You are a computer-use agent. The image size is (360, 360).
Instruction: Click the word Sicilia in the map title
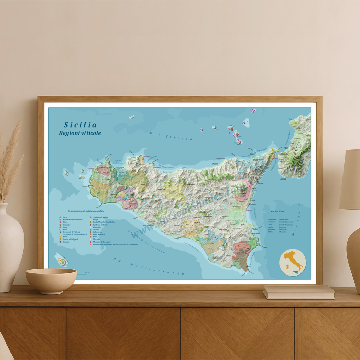(x=80, y=124)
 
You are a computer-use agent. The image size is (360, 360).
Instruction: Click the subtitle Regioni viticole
(x=80, y=133)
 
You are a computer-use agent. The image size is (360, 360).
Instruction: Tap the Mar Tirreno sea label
(x=170, y=136)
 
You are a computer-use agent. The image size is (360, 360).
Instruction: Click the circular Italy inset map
(x=293, y=263)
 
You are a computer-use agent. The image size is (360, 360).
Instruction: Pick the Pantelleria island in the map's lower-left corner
(x=62, y=261)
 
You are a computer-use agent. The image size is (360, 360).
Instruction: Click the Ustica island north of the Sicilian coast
(x=131, y=117)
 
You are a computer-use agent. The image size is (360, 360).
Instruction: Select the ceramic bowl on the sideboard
(x=51, y=280)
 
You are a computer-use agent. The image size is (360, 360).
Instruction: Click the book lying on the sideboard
(x=298, y=292)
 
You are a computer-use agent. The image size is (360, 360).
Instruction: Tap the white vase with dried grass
(x=10, y=247)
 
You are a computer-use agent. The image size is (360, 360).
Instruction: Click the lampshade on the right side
(x=350, y=180)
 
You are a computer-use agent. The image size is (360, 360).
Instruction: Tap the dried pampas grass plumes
(x=10, y=160)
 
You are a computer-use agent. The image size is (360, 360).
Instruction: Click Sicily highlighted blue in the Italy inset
(x=295, y=271)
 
